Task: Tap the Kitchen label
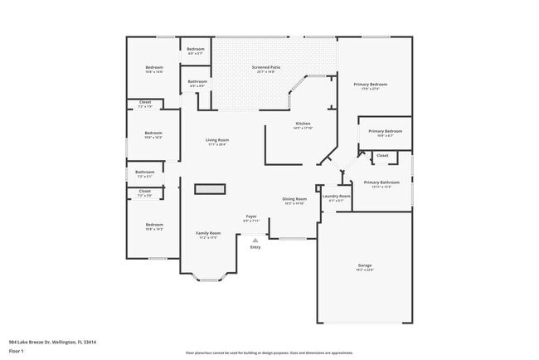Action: click(x=303, y=125)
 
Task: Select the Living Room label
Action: click(x=217, y=142)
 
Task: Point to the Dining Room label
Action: click(x=294, y=201)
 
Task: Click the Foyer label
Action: click(x=251, y=219)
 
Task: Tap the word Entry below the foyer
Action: click(x=255, y=247)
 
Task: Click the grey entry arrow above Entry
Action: click(x=255, y=239)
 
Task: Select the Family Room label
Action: click(x=207, y=235)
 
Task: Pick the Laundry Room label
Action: click(x=336, y=197)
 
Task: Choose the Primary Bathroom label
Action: click(x=381, y=183)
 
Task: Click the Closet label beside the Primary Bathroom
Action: click(x=382, y=155)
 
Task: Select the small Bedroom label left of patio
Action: click(x=196, y=51)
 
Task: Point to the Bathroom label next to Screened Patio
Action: click(x=197, y=83)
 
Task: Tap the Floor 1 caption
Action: click(x=17, y=351)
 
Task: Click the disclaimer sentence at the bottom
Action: click(x=269, y=353)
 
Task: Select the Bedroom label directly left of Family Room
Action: click(x=154, y=226)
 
